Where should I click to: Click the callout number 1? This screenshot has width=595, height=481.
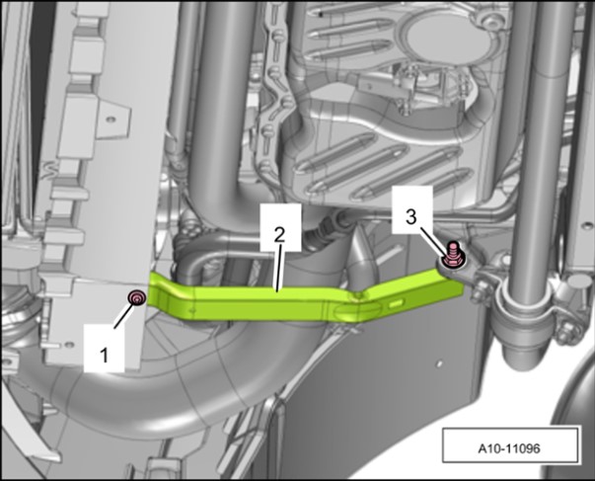tap(104, 356)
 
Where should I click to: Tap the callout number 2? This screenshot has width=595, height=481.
tap(279, 235)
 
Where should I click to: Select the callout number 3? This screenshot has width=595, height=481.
tap(410, 217)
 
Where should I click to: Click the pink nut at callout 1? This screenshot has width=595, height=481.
tap(137, 298)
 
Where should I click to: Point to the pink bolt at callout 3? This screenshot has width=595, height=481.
tap(452, 256)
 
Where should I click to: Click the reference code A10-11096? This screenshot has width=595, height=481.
tap(508, 448)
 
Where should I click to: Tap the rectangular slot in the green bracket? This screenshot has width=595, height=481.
tap(396, 303)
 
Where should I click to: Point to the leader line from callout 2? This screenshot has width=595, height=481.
tap(278, 269)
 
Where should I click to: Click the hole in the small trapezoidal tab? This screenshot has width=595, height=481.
tap(111, 120)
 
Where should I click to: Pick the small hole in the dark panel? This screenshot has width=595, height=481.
tap(439, 363)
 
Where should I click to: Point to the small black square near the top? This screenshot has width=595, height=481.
tap(321, 15)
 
